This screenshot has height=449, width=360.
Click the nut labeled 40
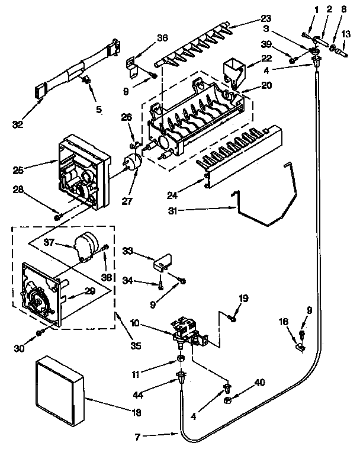coord(228,400)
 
